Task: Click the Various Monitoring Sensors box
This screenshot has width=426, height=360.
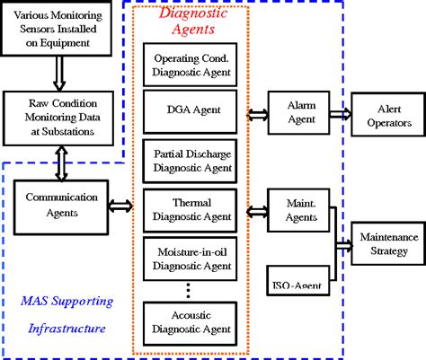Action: coord(58,27)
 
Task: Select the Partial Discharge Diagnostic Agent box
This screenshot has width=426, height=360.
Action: coord(189,159)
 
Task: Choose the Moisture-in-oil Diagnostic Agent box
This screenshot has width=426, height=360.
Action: coord(189,257)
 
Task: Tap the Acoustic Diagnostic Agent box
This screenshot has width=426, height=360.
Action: coord(189,321)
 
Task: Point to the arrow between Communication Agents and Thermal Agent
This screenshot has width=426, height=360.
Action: coord(120,206)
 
